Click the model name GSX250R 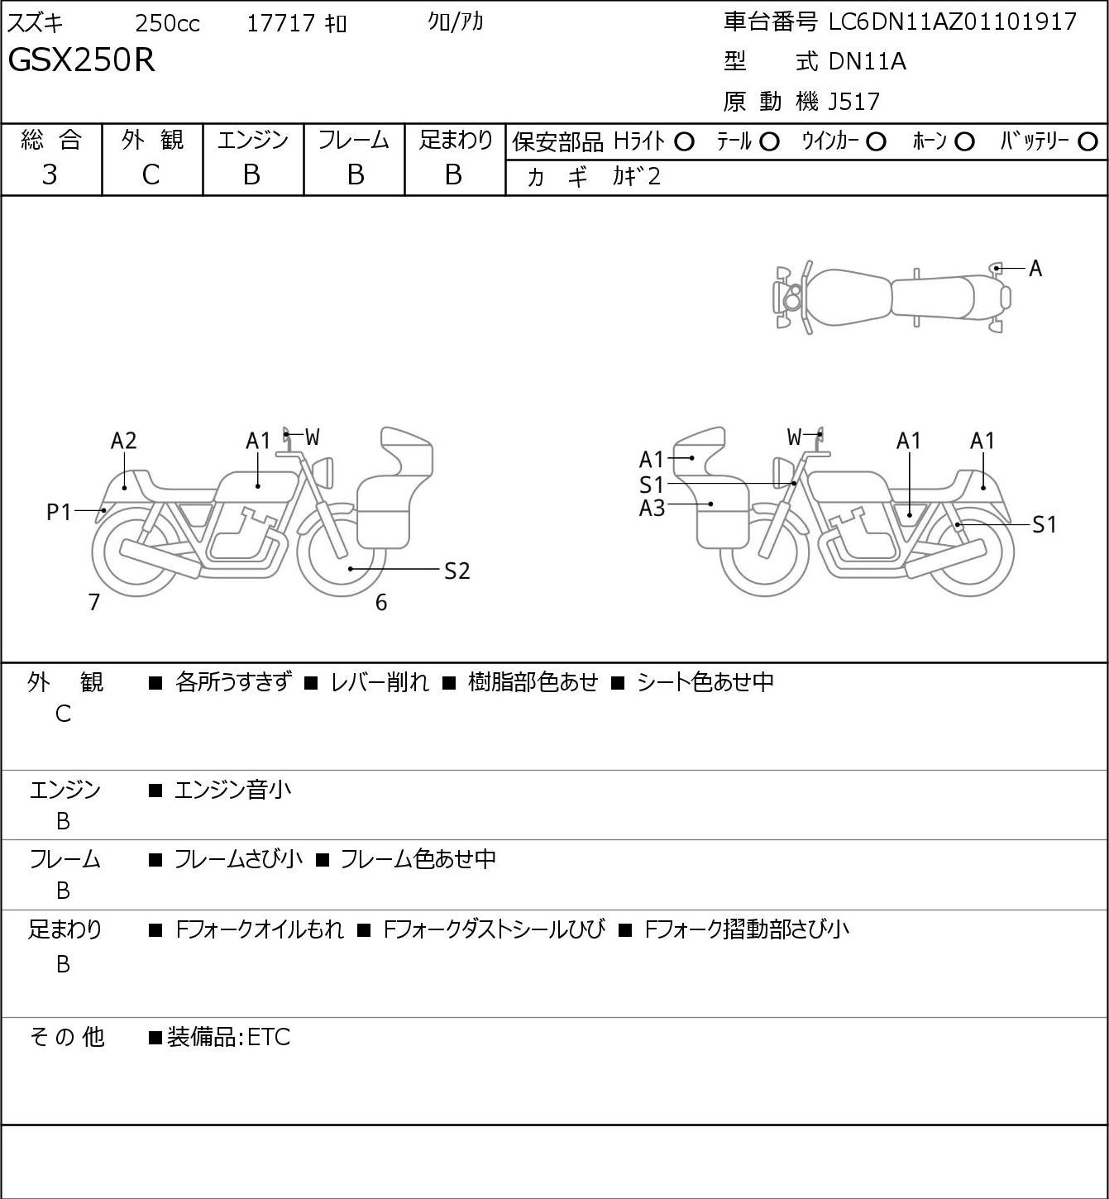82,60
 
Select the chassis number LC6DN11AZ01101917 953,21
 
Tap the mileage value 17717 281,23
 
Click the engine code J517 853,102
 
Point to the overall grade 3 50,174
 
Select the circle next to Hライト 684,142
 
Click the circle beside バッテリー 1087,142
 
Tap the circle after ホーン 964,142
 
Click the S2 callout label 457,571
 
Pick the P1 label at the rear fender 59,513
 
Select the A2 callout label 123,442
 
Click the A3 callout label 652,509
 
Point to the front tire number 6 381,602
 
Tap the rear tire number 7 93,602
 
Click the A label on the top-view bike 1035,269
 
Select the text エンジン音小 232,790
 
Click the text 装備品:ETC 228,1037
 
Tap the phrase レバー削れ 380,682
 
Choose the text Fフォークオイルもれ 260,929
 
